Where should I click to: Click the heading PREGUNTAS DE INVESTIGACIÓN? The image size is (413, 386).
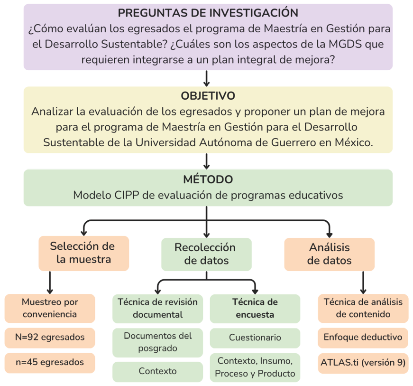point(208,13)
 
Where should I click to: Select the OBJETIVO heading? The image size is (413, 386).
point(208,96)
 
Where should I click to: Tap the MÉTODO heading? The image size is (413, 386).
point(208,179)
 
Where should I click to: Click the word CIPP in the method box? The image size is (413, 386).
point(127,195)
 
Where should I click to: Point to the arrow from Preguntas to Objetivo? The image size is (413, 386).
point(207,78)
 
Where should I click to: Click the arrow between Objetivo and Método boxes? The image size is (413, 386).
point(207,161)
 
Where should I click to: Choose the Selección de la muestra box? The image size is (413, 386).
point(84,253)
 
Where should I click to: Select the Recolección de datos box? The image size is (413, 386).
point(206,254)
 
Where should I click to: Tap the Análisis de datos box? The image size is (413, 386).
point(329,254)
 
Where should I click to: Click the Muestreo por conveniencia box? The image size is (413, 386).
point(50,308)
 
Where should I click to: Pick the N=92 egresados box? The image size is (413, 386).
point(50,338)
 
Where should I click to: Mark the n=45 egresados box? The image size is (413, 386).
point(50,363)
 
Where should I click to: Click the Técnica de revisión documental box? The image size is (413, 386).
point(157,309)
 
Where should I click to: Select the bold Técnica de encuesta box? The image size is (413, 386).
point(255,309)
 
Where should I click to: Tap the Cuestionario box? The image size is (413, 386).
point(255,338)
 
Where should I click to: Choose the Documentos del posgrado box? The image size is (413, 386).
point(157,342)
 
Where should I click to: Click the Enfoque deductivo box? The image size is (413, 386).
point(363,338)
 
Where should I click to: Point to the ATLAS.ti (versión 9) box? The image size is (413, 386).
point(363,363)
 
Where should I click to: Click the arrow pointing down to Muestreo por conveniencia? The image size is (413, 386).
point(50,282)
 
